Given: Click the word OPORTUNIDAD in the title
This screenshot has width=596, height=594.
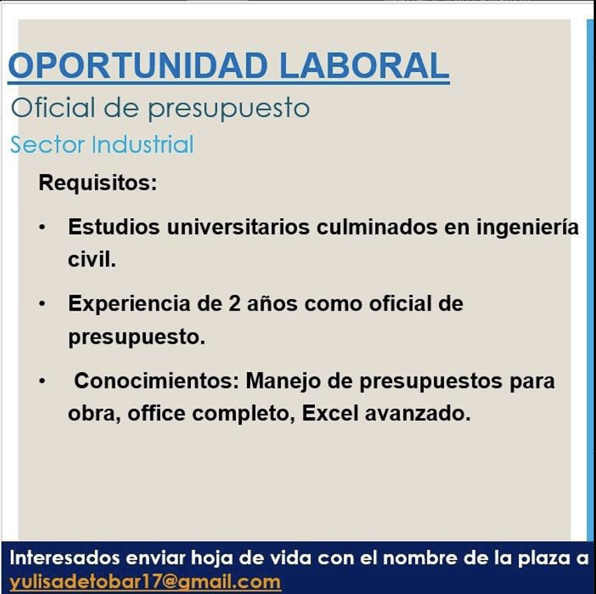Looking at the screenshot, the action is click(x=138, y=65).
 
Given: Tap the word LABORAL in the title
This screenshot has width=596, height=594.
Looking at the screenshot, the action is click(x=364, y=65).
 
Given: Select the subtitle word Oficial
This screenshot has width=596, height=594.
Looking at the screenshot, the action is click(x=53, y=108).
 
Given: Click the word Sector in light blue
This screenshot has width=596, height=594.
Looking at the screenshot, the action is click(x=47, y=145).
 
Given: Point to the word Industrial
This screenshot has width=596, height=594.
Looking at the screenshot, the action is click(x=143, y=145).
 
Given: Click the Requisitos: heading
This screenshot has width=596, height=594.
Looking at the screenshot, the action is click(x=98, y=183).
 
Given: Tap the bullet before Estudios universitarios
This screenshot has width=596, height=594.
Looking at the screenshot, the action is click(x=42, y=228).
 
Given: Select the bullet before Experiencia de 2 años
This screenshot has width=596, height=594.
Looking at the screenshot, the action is click(x=42, y=304).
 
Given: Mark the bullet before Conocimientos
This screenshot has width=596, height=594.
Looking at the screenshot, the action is click(x=42, y=381).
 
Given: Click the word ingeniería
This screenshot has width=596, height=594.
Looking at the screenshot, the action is click(x=528, y=228).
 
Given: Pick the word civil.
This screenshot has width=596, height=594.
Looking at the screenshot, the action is click(x=92, y=260).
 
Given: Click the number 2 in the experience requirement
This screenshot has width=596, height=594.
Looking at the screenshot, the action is click(x=234, y=304).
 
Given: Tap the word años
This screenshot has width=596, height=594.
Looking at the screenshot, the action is click(x=272, y=304).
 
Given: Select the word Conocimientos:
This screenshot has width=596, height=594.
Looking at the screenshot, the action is click(x=156, y=381).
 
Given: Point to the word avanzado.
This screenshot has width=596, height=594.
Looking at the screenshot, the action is click(x=418, y=413).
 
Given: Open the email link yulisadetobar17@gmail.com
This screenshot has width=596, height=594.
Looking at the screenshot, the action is click(x=145, y=582).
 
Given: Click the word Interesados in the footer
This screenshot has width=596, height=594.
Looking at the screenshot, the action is click(x=65, y=558).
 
